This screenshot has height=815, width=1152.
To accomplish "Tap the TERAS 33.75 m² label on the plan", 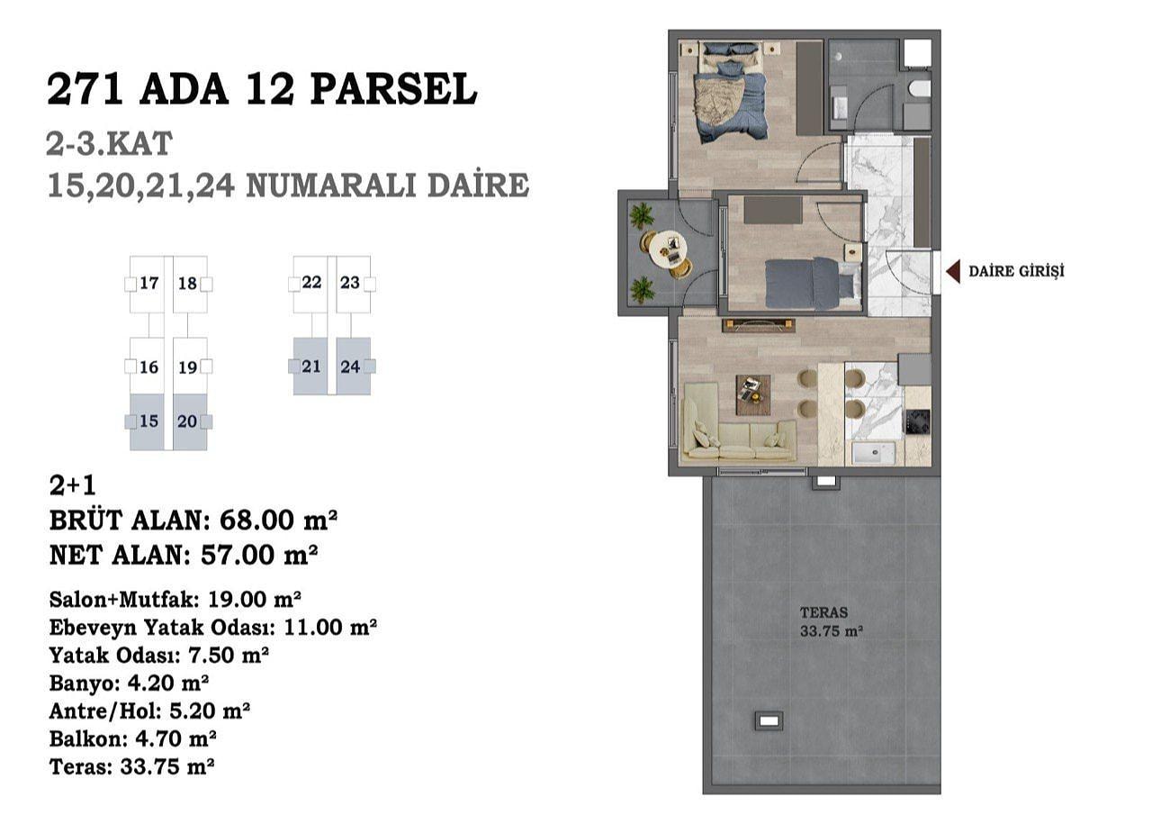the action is click(x=831, y=621).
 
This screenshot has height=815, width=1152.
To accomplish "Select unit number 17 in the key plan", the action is click(x=149, y=283).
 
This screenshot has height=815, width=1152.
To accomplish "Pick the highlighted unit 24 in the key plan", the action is click(x=354, y=367).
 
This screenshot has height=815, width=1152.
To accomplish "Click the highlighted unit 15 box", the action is click(x=147, y=421).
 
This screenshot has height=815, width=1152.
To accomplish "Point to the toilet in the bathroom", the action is click(x=920, y=89).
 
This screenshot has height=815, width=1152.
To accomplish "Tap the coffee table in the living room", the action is click(x=753, y=394).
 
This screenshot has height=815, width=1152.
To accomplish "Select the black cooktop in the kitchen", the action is click(x=917, y=422).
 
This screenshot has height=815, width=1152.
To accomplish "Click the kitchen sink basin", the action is click(x=874, y=453).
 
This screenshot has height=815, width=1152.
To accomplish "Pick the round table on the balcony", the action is click(x=668, y=249).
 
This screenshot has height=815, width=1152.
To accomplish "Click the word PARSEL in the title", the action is click(x=393, y=90).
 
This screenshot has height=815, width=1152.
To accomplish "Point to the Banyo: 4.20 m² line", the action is click(x=129, y=684).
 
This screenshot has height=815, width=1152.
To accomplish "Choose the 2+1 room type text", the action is click(x=73, y=485).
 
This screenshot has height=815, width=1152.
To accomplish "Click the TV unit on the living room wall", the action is click(x=759, y=325).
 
